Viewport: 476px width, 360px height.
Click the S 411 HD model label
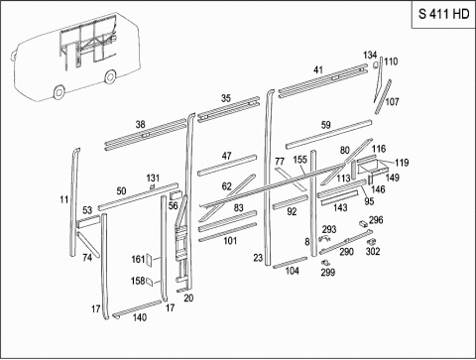click(x=443, y=14)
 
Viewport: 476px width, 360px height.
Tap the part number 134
click(x=370, y=55)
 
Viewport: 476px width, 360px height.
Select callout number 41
click(x=318, y=70)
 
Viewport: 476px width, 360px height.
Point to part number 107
click(x=392, y=102)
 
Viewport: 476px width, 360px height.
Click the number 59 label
click(x=326, y=125)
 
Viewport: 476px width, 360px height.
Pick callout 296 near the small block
click(x=376, y=220)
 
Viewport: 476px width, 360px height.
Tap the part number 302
click(x=373, y=252)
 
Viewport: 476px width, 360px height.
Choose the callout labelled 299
click(x=328, y=272)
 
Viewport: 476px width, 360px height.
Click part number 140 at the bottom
click(x=140, y=317)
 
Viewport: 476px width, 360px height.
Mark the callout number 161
click(x=138, y=259)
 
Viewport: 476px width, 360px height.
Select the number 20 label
click(x=188, y=299)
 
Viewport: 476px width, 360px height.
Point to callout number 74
click(x=87, y=257)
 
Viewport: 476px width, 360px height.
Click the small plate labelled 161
click(x=149, y=260)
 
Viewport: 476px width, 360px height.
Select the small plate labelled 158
click(x=150, y=282)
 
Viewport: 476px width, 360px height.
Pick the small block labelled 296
click(x=363, y=223)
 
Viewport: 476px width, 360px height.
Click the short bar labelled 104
click(x=291, y=262)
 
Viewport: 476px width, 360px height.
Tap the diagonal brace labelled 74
click(x=88, y=244)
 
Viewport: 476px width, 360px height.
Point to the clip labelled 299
click(x=325, y=263)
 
